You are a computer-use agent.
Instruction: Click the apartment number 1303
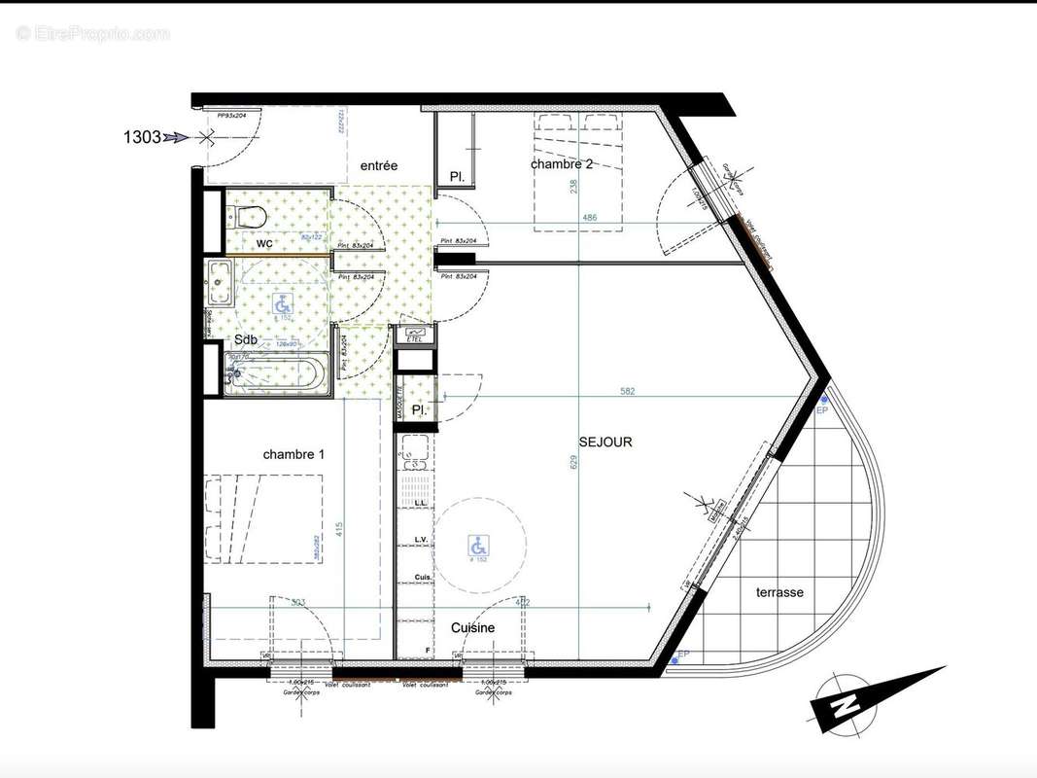[x=142, y=137]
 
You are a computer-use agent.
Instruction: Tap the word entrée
[x=379, y=166]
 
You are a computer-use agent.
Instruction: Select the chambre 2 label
[x=562, y=164]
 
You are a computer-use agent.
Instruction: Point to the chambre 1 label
[x=294, y=454]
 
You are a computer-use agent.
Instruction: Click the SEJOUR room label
[x=605, y=442]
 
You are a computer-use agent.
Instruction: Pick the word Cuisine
[x=473, y=628]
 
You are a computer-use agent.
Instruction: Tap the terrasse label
[x=779, y=592]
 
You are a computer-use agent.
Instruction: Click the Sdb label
[x=246, y=339]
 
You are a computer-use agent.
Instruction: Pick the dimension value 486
[x=590, y=219]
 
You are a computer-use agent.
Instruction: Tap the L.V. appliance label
[x=422, y=539]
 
